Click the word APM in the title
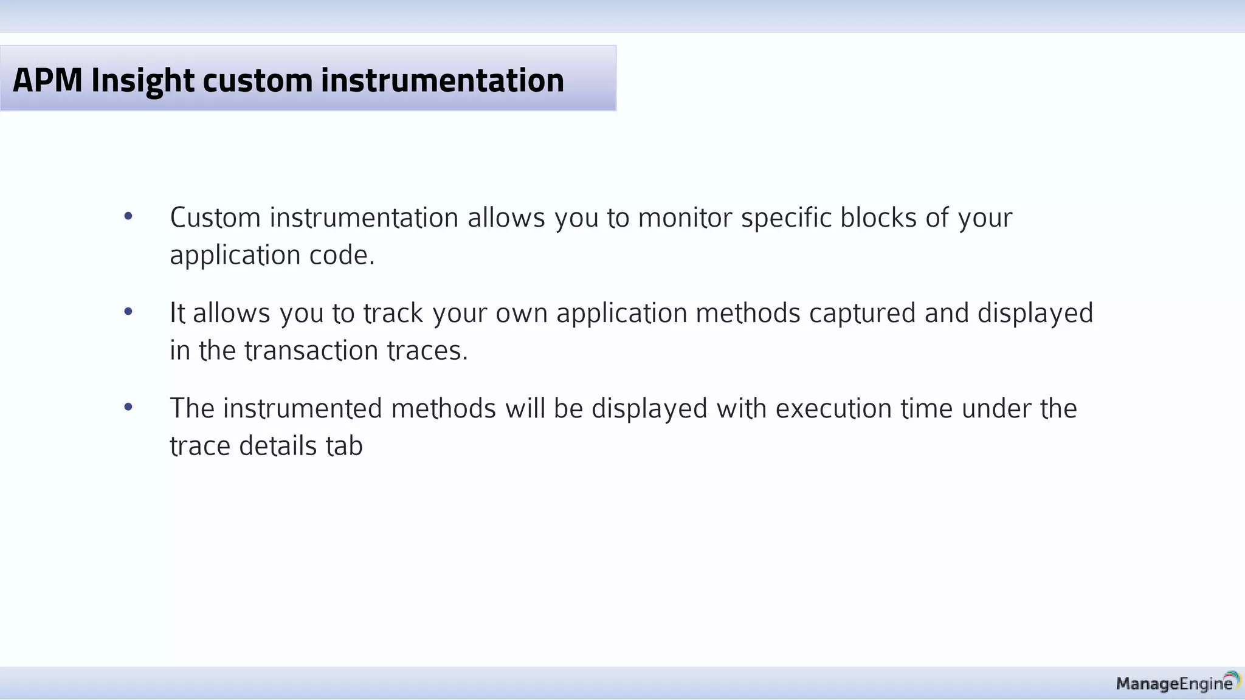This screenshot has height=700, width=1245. pyautogui.click(x=47, y=80)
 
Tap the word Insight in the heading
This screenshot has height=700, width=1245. pyautogui.click(x=142, y=80)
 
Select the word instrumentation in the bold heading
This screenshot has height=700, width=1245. pyautogui.click(x=442, y=80)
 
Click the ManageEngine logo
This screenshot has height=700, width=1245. pyautogui.click(x=1177, y=683)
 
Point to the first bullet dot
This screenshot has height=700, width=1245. pyautogui.click(x=128, y=216)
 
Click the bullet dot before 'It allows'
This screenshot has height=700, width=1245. pyautogui.click(x=128, y=312)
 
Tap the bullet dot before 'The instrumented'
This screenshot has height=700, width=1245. pyautogui.click(x=128, y=407)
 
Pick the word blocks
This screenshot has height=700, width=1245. pyautogui.click(x=878, y=218)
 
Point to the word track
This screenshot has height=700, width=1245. pyautogui.click(x=393, y=314)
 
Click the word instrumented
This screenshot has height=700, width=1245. pyautogui.click(x=302, y=408)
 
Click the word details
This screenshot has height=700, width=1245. pyautogui.click(x=278, y=446)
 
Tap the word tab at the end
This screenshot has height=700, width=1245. pyautogui.click(x=344, y=446)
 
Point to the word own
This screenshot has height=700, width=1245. pyautogui.click(x=521, y=314)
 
